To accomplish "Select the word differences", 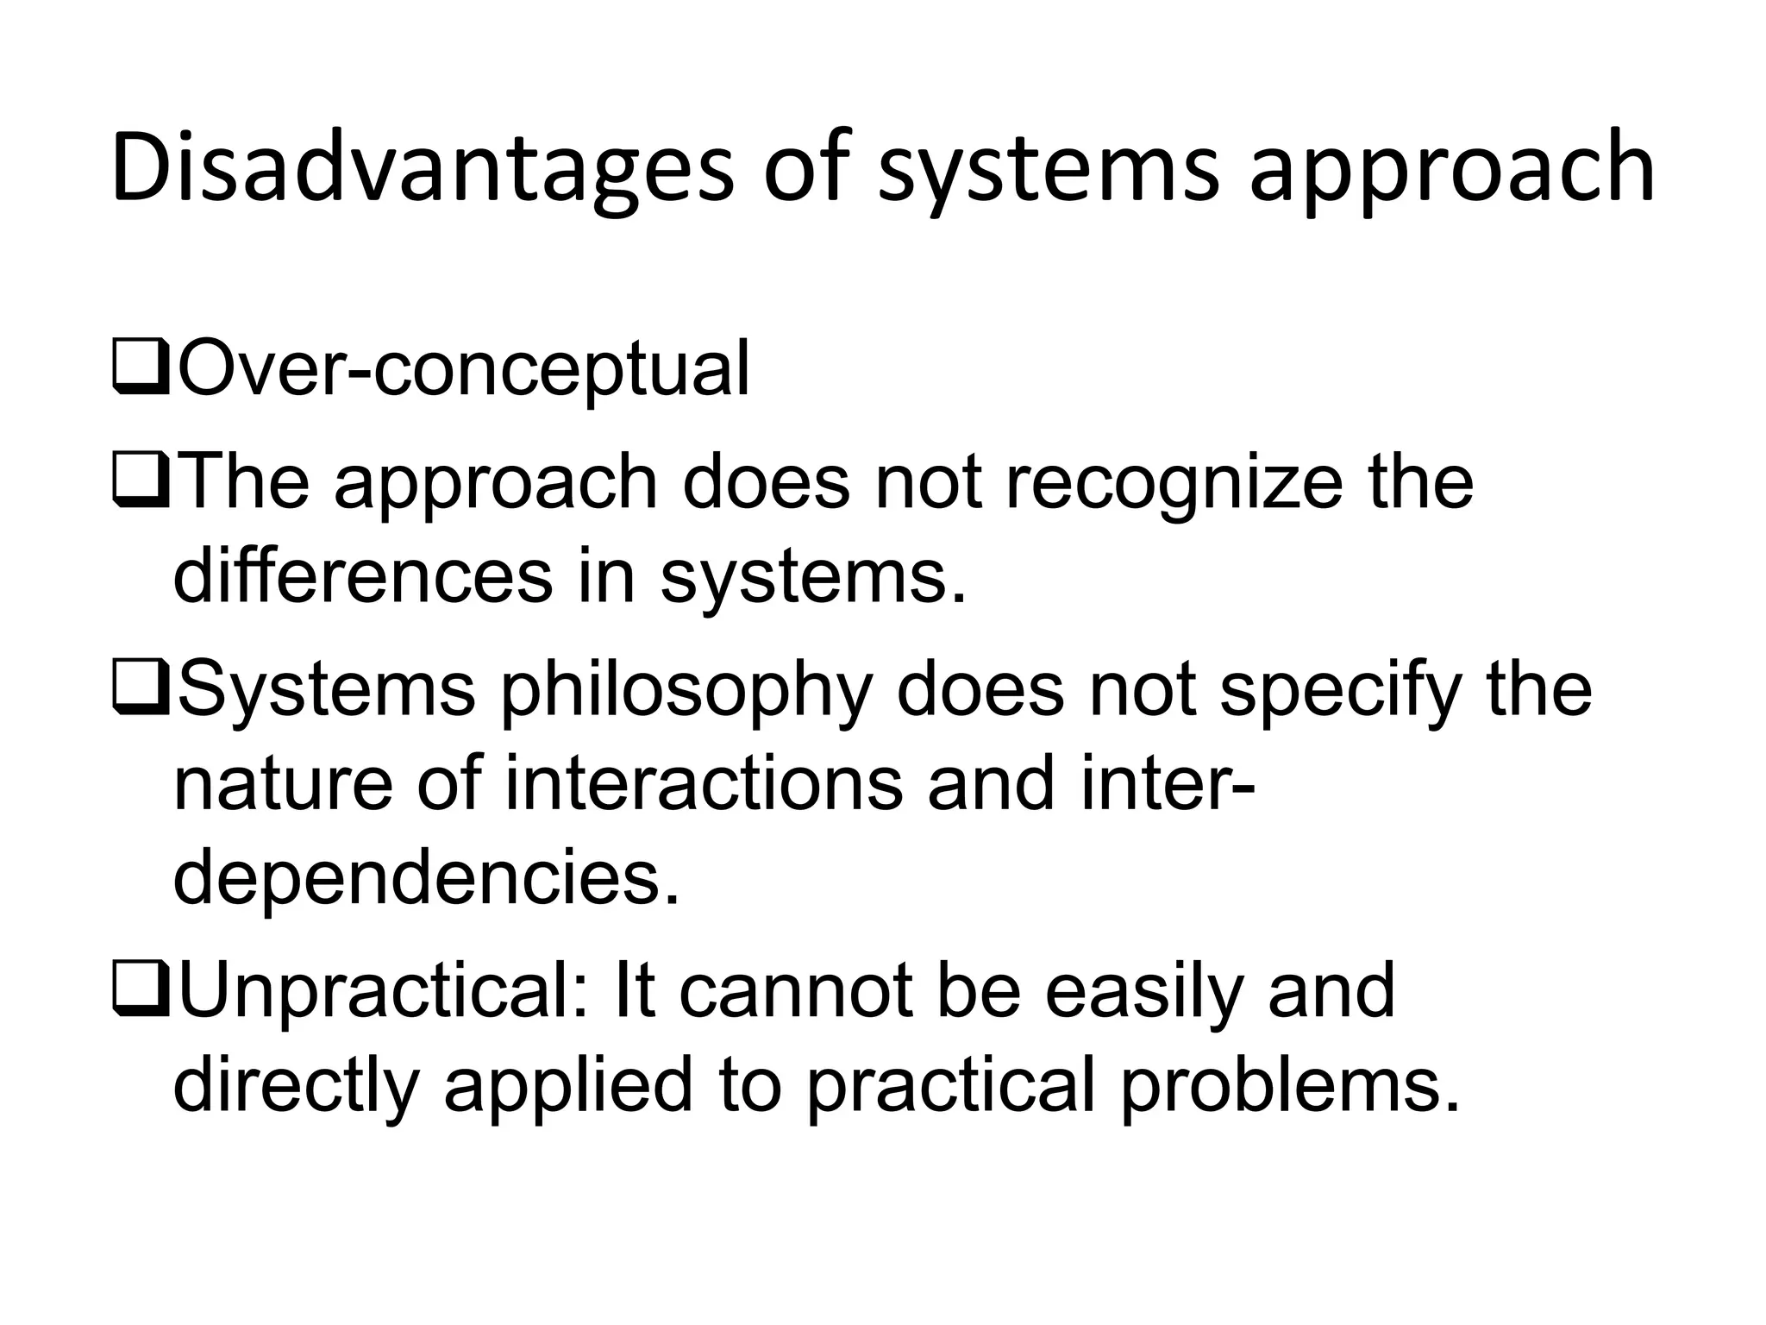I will [x=362, y=576].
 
